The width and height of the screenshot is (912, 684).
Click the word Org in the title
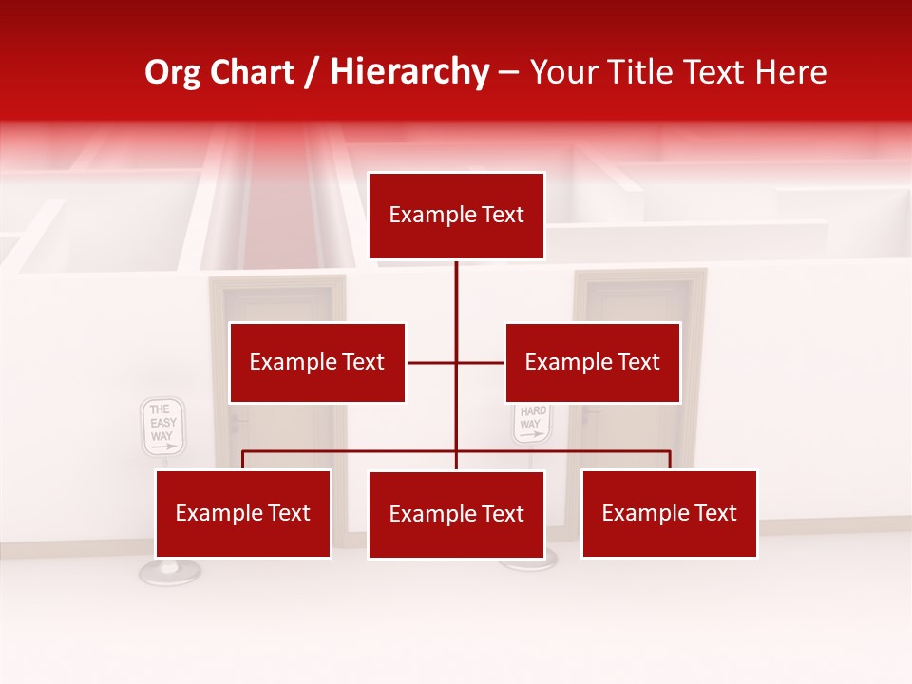tap(172, 72)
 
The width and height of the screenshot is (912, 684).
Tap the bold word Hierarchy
tap(408, 72)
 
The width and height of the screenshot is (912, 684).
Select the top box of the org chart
tap(456, 216)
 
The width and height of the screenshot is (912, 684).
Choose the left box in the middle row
tap(317, 362)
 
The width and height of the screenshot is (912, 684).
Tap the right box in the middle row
tap(592, 362)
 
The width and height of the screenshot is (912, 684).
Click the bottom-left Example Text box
tap(243, 513)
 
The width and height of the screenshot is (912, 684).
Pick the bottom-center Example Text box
tap(456, 514)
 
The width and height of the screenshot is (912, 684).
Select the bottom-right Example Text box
tap(669, 513)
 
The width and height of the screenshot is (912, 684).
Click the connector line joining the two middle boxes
tap(432, 362)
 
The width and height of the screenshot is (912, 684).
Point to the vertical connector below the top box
tap(456, 294)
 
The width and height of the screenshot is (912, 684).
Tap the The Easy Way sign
tap(162, 427)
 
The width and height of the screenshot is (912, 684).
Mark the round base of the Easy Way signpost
tap(169, 572)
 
